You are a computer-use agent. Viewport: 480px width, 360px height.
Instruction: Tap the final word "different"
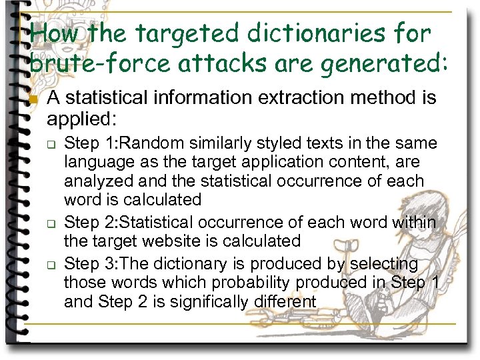tap(285, 301)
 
